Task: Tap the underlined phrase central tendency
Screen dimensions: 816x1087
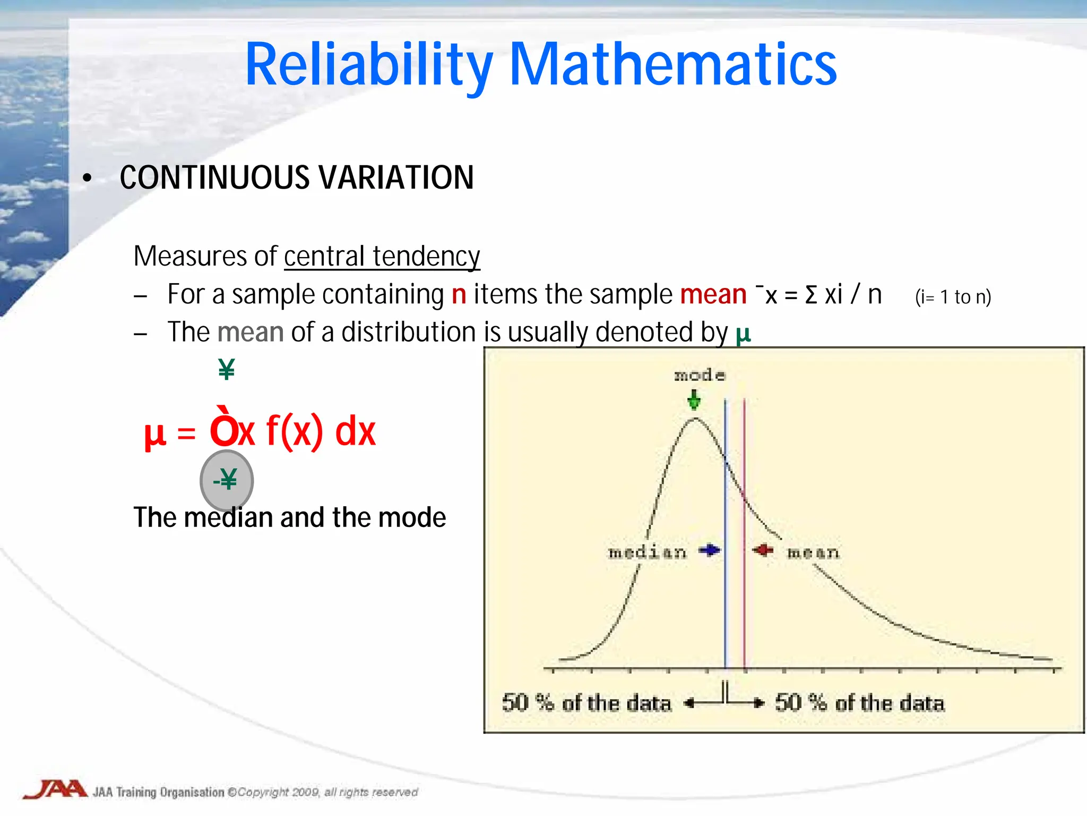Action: [x=382, y=257]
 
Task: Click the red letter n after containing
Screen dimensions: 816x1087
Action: [x=459, y=294]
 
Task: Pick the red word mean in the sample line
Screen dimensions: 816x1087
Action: [x=713, y=294]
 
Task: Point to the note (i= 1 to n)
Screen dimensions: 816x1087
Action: [x=953, y=297]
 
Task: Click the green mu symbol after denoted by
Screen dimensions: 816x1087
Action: [x=743, y=334]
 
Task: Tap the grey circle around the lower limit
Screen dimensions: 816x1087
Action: [x=227, y=481]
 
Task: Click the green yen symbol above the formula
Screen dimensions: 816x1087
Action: [x=227, y=369]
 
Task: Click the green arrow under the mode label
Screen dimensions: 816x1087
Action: [x=694, y=400]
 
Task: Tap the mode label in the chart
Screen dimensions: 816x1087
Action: [x=699, y=376]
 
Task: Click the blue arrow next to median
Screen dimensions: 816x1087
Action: [x=709, y=551]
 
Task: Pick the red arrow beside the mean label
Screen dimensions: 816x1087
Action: [x=764, y=551]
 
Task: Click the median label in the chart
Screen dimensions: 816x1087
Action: [x=647, y=552]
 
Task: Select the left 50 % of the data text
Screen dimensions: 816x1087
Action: [x=586, y=703]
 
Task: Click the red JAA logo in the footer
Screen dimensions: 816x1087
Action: [x=56, y=789]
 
